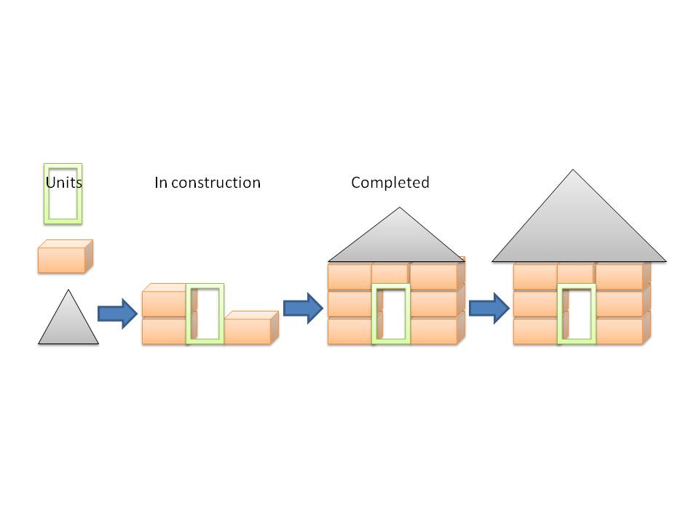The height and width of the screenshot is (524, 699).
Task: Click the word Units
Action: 64,183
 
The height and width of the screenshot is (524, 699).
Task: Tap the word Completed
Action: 390,183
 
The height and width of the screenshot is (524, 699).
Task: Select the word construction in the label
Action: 216,183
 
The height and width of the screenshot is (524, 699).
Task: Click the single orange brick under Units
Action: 66,256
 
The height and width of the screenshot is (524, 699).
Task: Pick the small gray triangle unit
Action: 68,323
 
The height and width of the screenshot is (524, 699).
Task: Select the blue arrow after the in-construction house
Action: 303,308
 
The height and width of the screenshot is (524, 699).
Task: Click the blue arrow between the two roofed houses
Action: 489,308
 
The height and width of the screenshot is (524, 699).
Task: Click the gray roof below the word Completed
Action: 397,241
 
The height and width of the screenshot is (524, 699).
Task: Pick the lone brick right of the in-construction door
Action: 251,328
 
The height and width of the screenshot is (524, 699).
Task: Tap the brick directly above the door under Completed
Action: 390,273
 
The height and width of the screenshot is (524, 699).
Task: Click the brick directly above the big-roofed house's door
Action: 577,273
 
